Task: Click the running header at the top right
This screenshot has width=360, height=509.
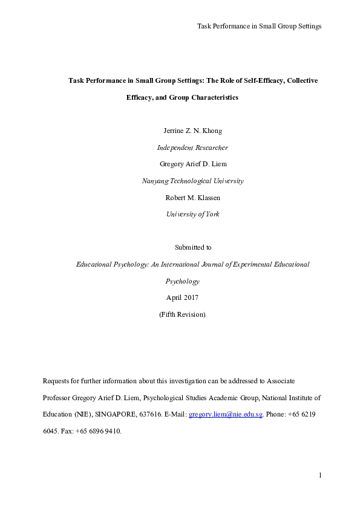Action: click(x=259, y=26)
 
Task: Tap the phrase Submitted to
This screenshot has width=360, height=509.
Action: click(x=193, y=247)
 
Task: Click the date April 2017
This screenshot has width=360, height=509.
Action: click(x=182, y=297)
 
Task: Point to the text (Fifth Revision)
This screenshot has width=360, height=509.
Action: click(x=182, y=314)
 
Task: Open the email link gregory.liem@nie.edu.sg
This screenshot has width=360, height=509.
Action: click(x=226, y=415)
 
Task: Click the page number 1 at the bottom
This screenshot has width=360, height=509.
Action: click(x=319, y=476)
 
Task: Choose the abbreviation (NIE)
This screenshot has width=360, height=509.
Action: click(x=83, y=415)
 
